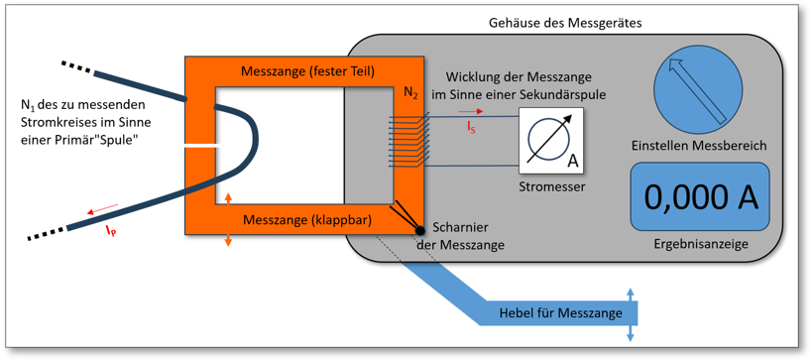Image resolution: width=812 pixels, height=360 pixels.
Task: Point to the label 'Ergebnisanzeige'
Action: click(701, 242)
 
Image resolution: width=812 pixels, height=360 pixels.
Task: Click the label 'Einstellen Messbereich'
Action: click(699, 146)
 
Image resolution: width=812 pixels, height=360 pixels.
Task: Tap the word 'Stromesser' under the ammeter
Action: click(552, 184)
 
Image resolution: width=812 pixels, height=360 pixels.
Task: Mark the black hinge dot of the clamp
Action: click(421, 231)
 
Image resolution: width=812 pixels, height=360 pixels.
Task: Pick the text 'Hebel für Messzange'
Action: click(561, 313)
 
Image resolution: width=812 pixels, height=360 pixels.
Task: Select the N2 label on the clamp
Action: click(410, 92)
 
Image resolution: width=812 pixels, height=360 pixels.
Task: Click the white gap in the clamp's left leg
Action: click(200, 147)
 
